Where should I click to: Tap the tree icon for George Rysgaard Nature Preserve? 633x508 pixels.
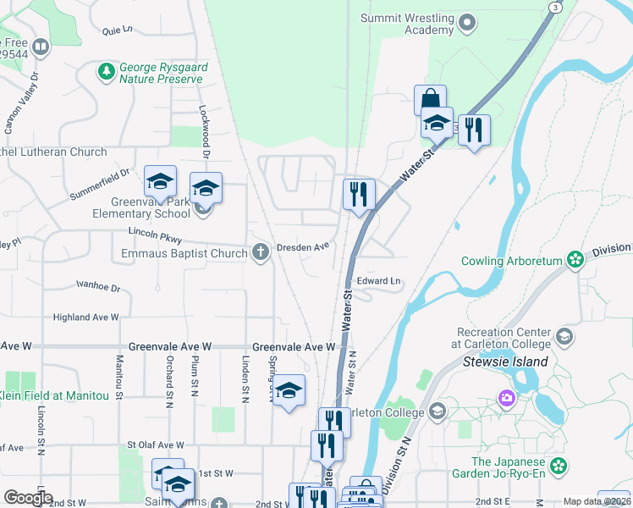[107, 71]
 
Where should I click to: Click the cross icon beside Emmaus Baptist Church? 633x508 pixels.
[261, 251]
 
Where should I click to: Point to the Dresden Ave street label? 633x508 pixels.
[303, 247]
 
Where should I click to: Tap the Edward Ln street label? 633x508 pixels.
[377, 280]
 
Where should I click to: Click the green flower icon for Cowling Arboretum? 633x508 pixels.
[576, 258]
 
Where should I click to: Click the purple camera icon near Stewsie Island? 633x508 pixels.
[506, 397]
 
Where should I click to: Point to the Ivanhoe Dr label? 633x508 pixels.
[98, 286]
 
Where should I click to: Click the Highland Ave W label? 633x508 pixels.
[86, 317]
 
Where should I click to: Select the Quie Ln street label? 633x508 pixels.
[118, 30]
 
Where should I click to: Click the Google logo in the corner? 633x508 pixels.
[28, 497]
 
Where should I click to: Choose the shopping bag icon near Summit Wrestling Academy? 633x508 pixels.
[430, 99]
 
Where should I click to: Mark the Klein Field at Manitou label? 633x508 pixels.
[55, 395]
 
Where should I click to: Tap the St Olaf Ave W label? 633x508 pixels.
[155, 444]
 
